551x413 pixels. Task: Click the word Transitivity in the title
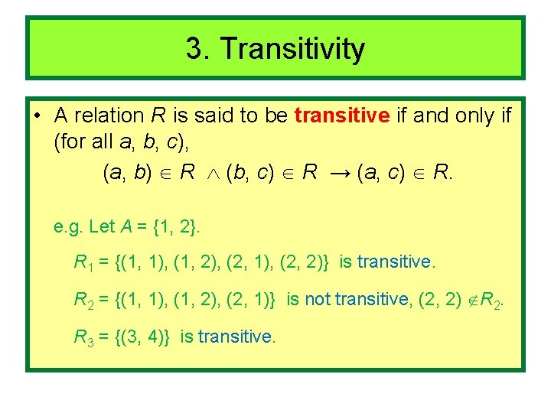tap(292, 50)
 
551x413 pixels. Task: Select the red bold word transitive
tap(342, 115)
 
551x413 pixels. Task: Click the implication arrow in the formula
tap(337, 172)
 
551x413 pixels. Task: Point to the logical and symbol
tap(212, 173)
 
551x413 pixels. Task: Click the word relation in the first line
tap(109, 115)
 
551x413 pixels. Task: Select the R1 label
tap(81, 263)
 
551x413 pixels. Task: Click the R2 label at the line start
tap(81, 300)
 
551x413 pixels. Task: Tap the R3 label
tap(81, 337)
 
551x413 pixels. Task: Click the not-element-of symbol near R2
tap(471, 300)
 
